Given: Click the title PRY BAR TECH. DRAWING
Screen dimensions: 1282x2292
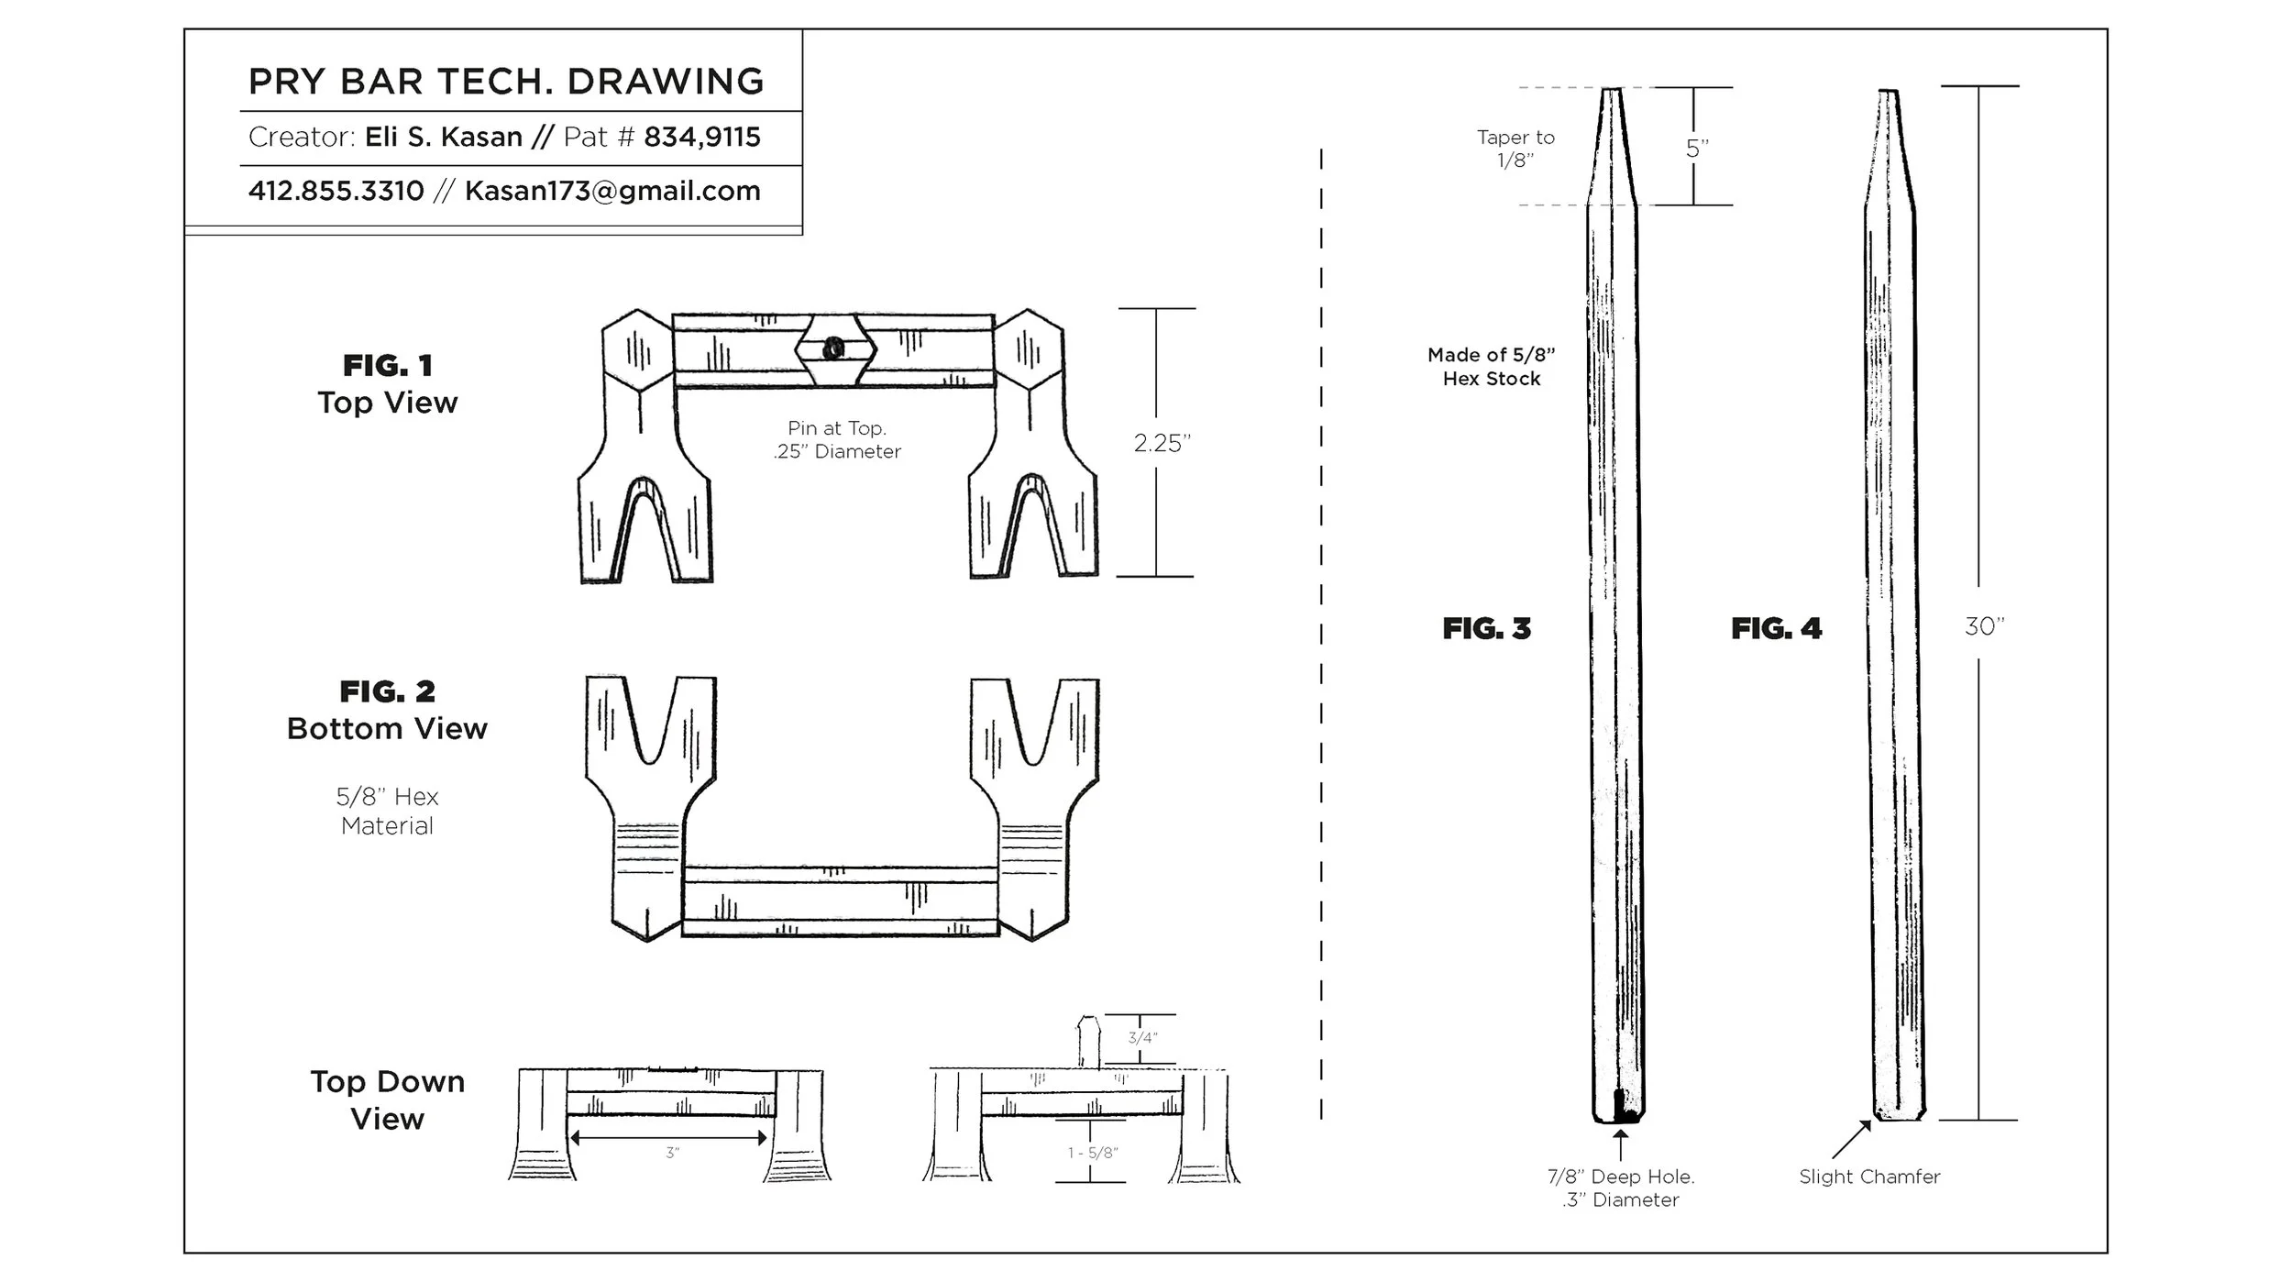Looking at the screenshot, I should (505, 82).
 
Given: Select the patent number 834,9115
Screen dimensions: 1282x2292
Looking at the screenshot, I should (701, 138).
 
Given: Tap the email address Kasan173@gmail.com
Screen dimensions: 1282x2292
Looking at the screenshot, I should (612, 191).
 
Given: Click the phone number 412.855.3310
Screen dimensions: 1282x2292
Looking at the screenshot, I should (336, 191).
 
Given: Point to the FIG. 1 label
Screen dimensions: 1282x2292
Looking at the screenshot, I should (387, 366).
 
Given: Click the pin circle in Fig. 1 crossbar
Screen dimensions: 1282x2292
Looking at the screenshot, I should (833, 348).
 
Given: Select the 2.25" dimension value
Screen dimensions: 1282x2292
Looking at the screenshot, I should (1161, 443).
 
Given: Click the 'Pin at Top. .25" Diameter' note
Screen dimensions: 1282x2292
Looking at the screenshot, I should (836, 439).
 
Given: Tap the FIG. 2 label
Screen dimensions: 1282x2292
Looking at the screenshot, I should (387, 691).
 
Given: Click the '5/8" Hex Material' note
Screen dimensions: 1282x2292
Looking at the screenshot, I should (387, 811).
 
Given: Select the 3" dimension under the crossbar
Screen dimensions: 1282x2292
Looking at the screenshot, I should (672, 1153).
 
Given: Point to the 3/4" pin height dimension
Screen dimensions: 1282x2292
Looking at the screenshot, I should (1141, 1038).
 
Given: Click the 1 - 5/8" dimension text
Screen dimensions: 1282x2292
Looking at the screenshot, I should (1092, 1153).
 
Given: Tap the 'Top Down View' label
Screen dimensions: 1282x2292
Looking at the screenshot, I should (387, 1100).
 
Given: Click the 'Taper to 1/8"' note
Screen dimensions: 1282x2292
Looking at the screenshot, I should (1515, 149).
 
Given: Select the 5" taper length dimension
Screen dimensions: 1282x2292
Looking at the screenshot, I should (1697, 149).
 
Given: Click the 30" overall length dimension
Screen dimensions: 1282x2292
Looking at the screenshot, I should (1984, 626).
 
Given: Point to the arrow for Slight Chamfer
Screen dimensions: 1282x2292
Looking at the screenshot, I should (1851, 1140).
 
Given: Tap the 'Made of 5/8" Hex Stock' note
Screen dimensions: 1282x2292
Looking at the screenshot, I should (1491, 367).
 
